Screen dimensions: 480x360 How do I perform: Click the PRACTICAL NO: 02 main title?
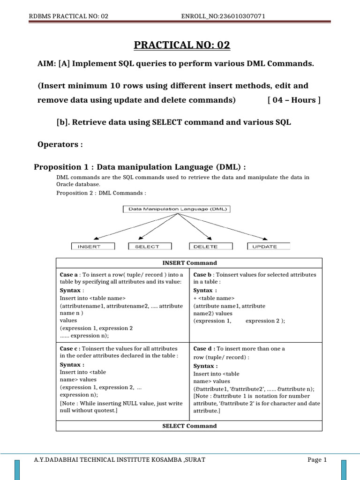click(x=182, y=45)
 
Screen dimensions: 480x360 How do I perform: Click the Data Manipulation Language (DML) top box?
click(x=177, y=210)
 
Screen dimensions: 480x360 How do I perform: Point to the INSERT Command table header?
click(x=189, y=263)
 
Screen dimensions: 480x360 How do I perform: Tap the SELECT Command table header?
click(x=189, y=426)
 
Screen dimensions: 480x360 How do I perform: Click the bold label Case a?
click(x=69, y=275)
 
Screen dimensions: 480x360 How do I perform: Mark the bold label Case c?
click(x=70, y=349)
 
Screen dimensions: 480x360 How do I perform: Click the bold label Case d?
click(x=203, y=349)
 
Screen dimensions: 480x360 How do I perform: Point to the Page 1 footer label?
click(x=317, y=460)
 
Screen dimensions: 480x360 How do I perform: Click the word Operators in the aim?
click(x=58, y=144)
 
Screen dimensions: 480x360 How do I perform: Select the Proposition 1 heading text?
click(x=140, y=167)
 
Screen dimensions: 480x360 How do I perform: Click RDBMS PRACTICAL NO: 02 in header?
click(x=68, y=16)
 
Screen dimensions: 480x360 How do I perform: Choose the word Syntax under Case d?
click(x=204, y=366)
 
